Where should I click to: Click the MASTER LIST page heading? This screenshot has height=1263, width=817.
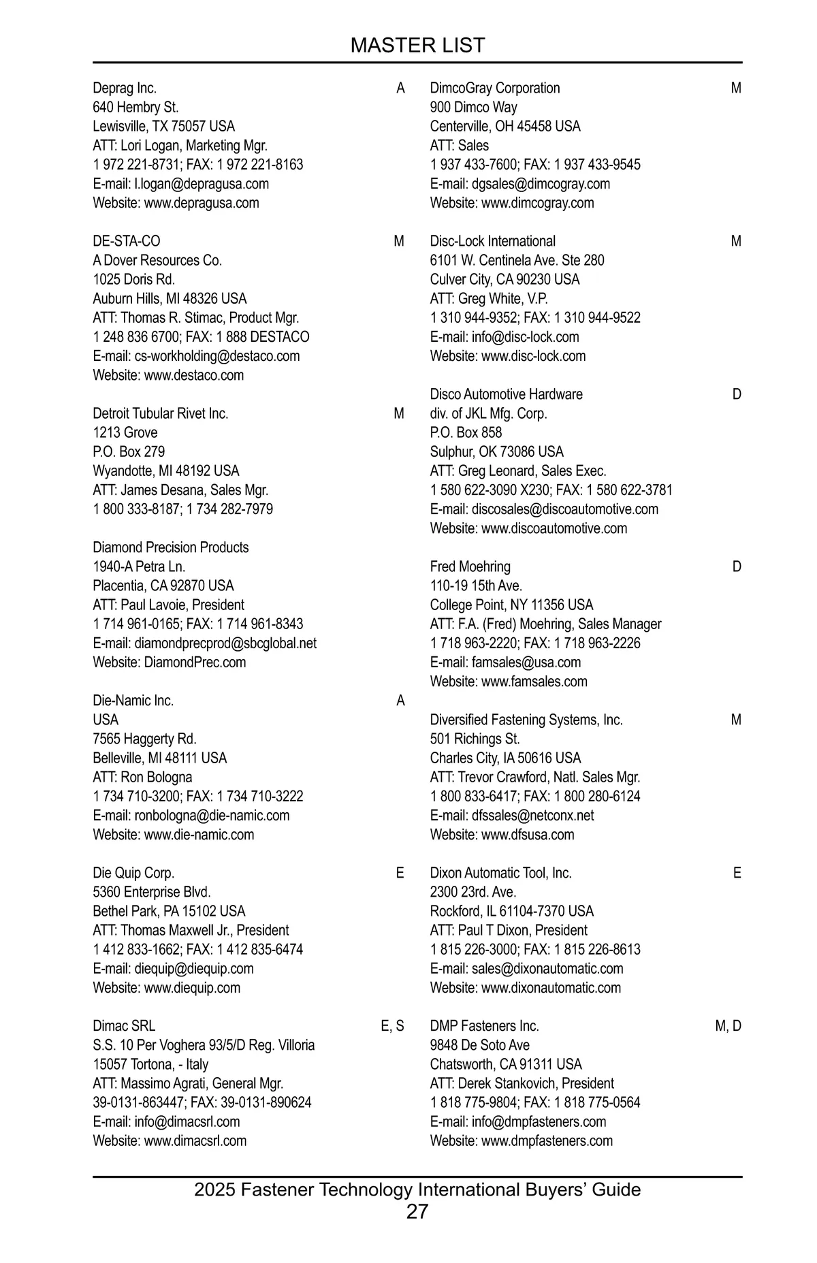tap(417, 45)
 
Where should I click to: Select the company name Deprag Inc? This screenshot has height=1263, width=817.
tap(125, 89)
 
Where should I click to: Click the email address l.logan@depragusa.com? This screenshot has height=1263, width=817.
tap(202, 184)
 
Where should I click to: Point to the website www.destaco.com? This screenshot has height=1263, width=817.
tap(194, 375)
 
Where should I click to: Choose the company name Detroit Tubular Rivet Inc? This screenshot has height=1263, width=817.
tap(161, 414)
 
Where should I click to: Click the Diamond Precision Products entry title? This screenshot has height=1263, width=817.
tap(171, 547)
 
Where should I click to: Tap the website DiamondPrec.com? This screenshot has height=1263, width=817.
tap(195, 662)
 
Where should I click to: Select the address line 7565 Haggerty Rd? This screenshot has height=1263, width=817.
tap(145, 739)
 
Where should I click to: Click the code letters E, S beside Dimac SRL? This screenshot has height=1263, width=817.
tap(392, 1026)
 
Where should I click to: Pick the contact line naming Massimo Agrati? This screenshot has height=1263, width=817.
tap(188, 1083)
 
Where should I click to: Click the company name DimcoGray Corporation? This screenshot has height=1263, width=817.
tap(495, 89)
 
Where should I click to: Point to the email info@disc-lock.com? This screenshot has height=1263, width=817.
tap(525, 337)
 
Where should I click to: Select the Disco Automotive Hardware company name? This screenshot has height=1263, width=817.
tap(507, 395)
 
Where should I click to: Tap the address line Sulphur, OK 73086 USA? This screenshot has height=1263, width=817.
tap(497, 452)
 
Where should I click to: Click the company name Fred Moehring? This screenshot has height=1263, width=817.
tap(470, 567)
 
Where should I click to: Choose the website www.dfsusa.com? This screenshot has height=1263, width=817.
tap(528, 835)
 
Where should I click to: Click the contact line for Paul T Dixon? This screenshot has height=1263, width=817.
tap(509, 931)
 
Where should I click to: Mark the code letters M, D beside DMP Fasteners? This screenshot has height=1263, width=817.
tap(728, 1026)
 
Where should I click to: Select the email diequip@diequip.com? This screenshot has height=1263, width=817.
tap(194, 969)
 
